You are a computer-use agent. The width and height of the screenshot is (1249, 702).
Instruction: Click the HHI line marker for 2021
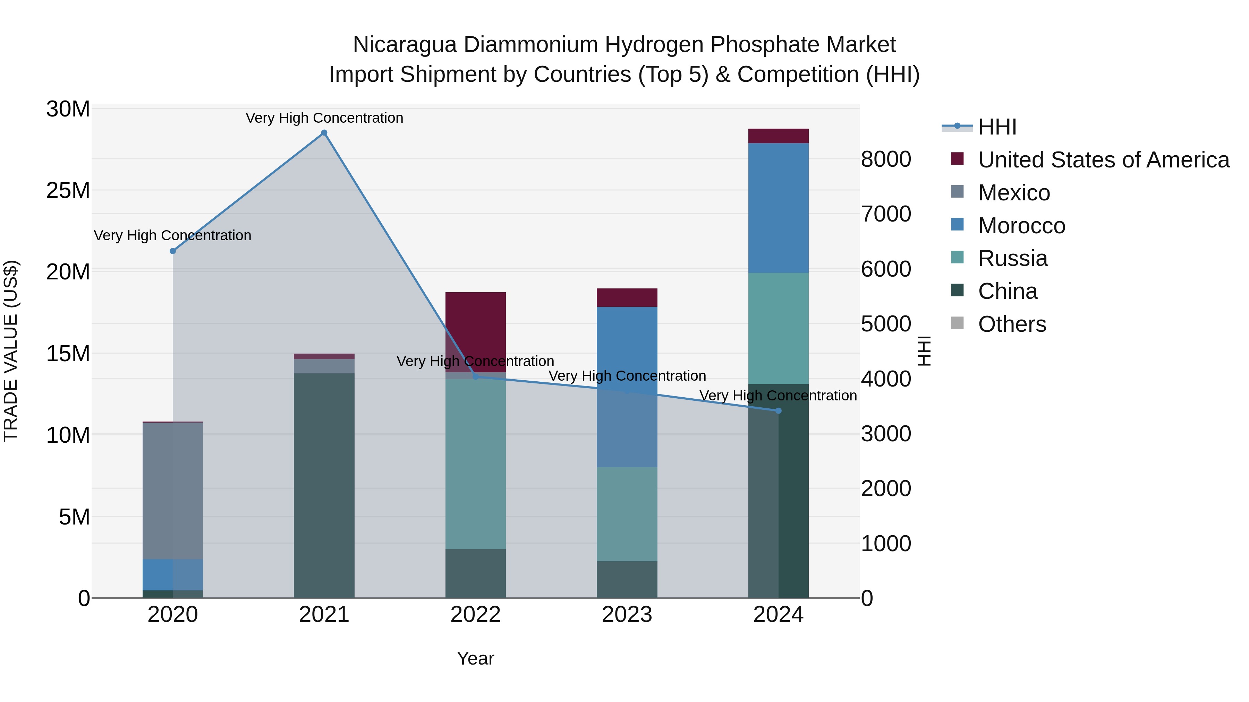click(324, 133)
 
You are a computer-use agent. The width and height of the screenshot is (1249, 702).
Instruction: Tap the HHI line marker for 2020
click(173, 251)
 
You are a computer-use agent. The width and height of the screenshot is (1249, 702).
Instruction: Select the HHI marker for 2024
click(779, 411)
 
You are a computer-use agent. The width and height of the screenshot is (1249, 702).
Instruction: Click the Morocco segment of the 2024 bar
click(779, 208)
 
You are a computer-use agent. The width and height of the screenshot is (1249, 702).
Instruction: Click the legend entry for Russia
click(1012, 258)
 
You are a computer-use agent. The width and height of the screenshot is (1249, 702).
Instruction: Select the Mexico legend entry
click(1013, 193)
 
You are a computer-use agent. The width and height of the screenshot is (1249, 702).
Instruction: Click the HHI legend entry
click(996, 127)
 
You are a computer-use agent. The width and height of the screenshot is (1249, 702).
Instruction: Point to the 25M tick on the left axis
click(68, 190)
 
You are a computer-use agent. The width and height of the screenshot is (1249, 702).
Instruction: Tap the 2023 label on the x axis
click(627, 615)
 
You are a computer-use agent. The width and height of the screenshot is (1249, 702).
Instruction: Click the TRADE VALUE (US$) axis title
click(11, 351)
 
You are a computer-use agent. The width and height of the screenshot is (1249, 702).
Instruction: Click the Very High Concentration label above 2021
click(324, 118)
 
